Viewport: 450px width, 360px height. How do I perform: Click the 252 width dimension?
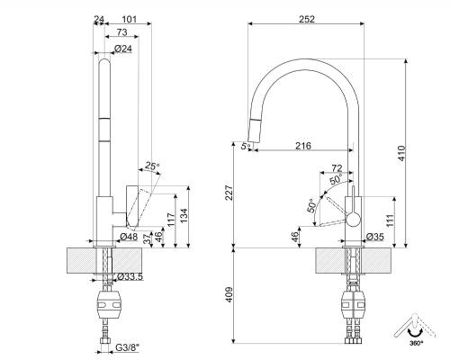pos(308,18)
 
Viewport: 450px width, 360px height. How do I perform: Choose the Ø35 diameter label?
pos(375,237)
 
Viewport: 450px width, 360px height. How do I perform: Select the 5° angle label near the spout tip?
pos(244,145)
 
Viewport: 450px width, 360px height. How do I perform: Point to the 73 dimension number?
pos(121,32)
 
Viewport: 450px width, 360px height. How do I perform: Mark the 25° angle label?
pos(152,166)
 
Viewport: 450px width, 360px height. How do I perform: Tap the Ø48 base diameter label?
pos(129,237)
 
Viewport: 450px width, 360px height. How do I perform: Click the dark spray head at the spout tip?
pos(254,134)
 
